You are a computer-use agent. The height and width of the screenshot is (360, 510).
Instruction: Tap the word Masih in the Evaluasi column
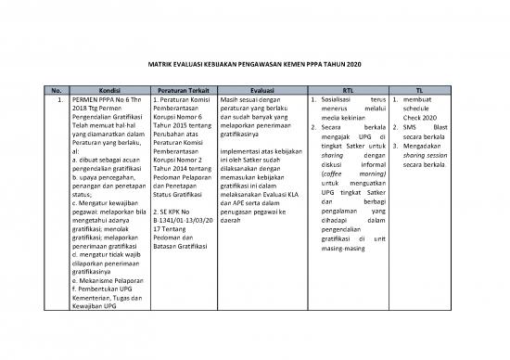[x=234, y=98]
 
